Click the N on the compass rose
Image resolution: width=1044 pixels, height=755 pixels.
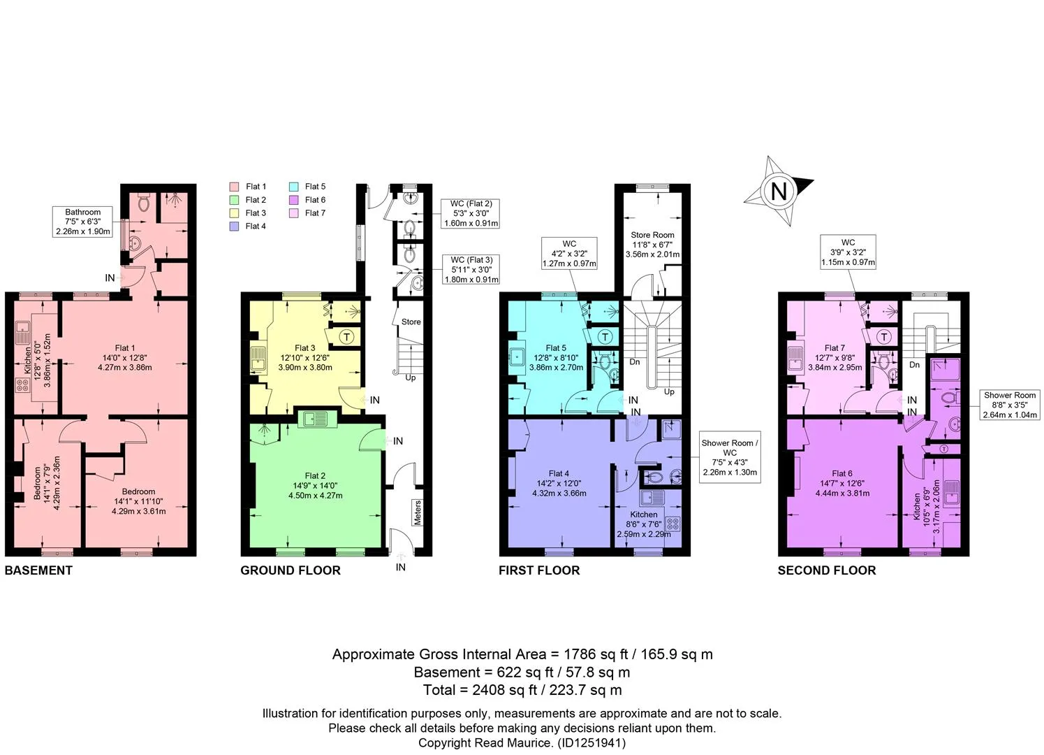[x=779, y=192]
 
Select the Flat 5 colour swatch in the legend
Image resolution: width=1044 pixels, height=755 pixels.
[x=293, y=187]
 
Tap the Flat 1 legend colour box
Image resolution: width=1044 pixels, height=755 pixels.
[x=235, y=187]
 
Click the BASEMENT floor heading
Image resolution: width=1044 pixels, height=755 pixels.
[x=38, y=570]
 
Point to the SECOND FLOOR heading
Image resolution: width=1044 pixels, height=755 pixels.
[x=827, y=570]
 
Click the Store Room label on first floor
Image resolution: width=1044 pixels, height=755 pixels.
[x=652, y=235]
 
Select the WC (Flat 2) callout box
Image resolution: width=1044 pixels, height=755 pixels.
[x=470, y=213]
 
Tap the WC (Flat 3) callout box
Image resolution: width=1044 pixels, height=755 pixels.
[x=471, y=270]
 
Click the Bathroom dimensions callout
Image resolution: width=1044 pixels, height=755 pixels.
[x=82, y=222]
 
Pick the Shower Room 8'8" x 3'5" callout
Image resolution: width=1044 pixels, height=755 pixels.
[x=1010, y=405]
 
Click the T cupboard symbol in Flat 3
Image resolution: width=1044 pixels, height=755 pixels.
[x=347, y=337]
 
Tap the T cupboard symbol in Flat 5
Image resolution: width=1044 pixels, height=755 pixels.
[x=605, y=337]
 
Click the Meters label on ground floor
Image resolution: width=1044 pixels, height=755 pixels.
[x=418, y=512]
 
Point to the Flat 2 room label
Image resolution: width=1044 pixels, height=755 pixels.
[x=315, y=476]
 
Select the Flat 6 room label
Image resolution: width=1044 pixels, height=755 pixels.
[x=841, y=473]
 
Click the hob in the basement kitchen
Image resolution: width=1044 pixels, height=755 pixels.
[x=22, y=385]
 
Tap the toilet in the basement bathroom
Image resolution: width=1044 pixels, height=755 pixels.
[x=144, y=203]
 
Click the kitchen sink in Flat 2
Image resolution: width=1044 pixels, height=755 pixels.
[x=317, y=419]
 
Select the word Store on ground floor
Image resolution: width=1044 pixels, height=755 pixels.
[x=411, y=322]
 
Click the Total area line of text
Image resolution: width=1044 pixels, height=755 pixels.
[x=522, y=690]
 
